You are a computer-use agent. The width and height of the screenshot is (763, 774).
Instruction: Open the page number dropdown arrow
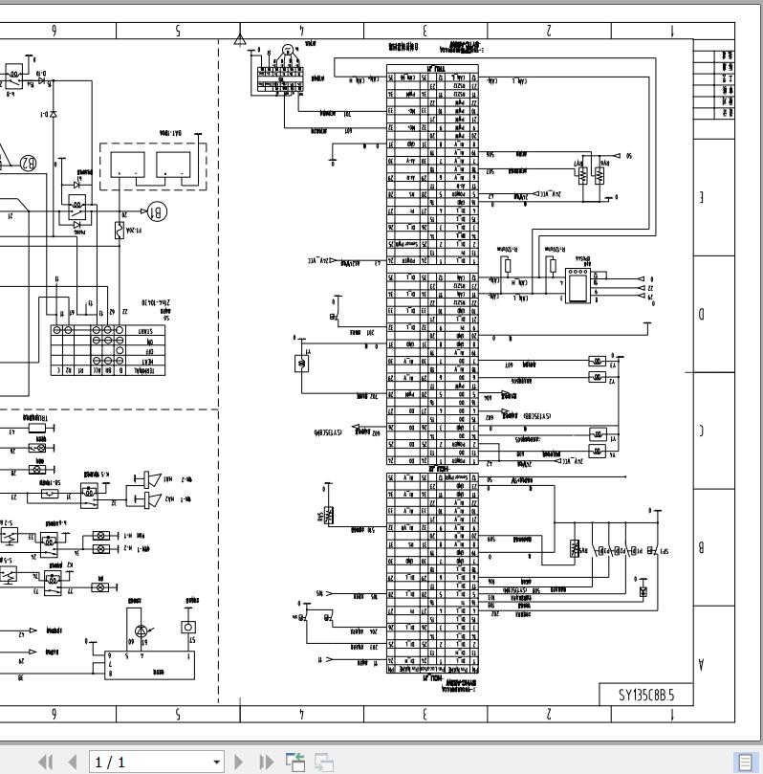coord(217,763)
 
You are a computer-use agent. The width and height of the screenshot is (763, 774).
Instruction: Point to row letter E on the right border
coord(703,198)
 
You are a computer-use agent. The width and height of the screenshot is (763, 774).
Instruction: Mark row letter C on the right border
coord(703,431)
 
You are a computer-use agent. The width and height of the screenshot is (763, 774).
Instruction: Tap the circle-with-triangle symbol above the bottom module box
coord(142,630)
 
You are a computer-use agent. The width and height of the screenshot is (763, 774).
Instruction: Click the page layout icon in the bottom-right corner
coord(744,763)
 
